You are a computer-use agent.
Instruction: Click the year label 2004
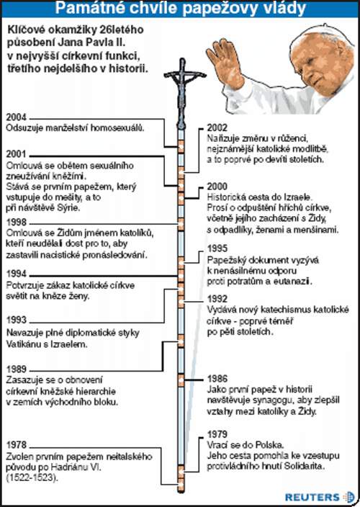click(16, 117)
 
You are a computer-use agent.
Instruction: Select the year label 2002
click(217, 127)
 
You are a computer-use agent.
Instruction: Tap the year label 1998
click(16, 223)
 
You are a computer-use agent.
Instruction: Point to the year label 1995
click(217, 248)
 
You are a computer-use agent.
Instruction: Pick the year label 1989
click(17, 369)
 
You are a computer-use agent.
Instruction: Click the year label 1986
click(217, 379)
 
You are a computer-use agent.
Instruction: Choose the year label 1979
click(217, 434)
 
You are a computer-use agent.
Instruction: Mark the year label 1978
click(17, 444)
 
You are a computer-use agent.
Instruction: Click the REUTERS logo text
click(312, 497)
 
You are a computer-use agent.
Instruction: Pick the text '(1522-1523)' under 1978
click(32, 478)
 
